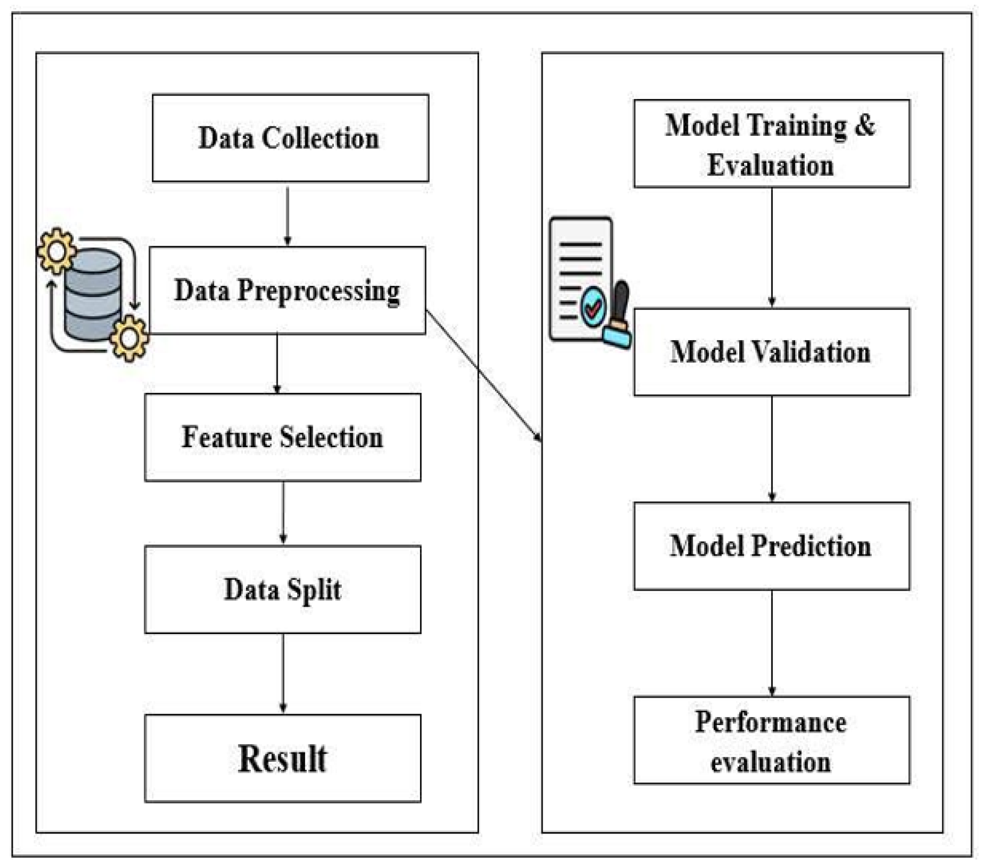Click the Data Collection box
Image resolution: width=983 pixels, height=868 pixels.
[x=290, y=138]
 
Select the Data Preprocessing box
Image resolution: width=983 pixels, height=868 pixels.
[x=287, y=290]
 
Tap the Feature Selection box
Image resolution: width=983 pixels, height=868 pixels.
[x=282, y=437]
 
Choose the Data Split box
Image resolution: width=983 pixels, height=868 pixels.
[x=282, y=589]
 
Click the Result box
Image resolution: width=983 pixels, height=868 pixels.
[x=282, y=758]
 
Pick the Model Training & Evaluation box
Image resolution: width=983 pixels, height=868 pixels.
[x=771, y=144]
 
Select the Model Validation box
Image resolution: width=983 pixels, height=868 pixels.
[x=771, y=352]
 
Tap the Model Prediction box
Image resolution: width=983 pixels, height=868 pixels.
[x=771, y=546]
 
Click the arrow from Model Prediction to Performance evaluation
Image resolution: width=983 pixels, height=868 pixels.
[x=772, y=643]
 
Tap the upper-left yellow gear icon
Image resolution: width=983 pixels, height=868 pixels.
[x=57, y=251]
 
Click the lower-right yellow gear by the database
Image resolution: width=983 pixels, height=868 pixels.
[x=129, y=338]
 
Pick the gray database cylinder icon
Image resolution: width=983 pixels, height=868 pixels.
[x=92, y=294]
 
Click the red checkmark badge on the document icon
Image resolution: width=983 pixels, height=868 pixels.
[x=593, y=307]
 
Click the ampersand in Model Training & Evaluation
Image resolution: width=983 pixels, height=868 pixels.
[x=865, y=125]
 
